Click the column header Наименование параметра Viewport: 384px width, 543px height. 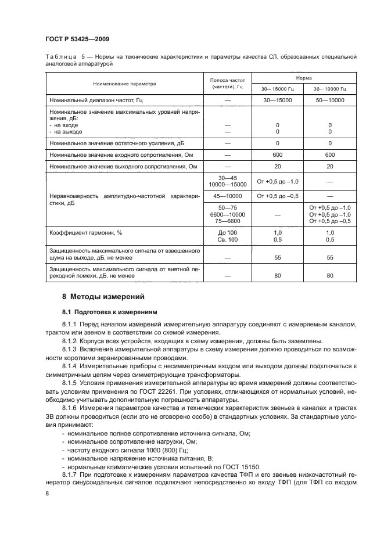[124, 84]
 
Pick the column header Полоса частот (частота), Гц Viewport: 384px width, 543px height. [224, 84]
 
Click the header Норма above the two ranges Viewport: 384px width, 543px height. [302, 77]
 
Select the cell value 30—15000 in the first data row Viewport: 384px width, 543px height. [277, 100]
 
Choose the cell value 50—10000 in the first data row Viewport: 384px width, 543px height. [329, 100]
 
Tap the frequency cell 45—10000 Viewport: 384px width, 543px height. [224, 196]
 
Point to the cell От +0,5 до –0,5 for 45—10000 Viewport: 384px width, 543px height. [277, 196]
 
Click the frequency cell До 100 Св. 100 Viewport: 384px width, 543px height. [224, 236]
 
